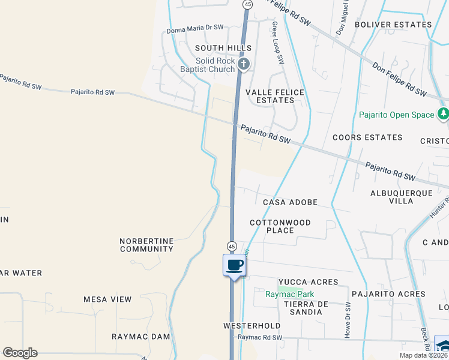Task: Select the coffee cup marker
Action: (234, 265)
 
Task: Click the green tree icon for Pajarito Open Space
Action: (444, 113)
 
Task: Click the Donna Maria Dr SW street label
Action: (194, 28)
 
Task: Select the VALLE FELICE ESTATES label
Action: (276, 96)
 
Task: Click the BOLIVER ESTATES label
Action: (393, 25)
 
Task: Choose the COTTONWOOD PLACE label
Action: (280, 226)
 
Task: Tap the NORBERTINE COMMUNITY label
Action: (146, 245)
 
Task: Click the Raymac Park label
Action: (290, 294)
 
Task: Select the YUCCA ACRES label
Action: (307, 282)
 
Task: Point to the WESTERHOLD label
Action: (252, 326)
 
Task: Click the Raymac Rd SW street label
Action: (259, 337)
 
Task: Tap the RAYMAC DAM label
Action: (141, 337)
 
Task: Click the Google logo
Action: (20, 353)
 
